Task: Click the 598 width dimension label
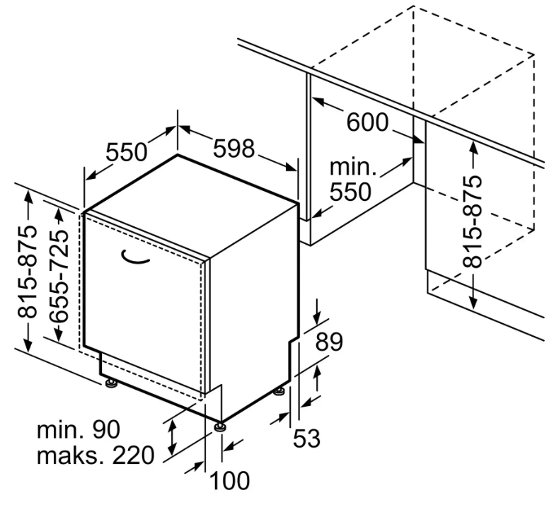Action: coord(234,148)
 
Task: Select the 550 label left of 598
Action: coord(127,152)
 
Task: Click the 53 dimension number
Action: coord(306,439)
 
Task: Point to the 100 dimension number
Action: coord(230,482)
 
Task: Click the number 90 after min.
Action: coord(105,429)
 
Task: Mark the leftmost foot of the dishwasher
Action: coord(111,383)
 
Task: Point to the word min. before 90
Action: coord(59,429)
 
